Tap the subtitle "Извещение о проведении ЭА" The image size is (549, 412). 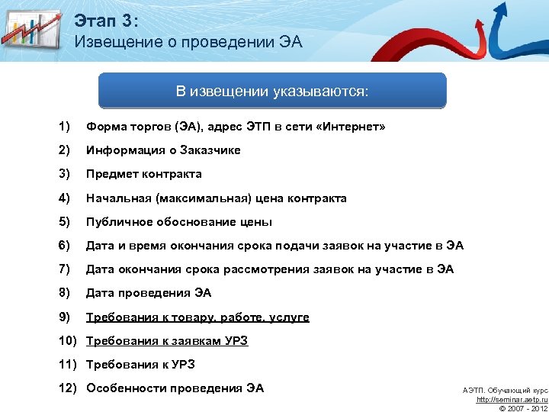click(x=188, y=42)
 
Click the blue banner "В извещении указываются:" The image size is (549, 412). click(x=272, y=92)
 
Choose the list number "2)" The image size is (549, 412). click(x=64, y=150)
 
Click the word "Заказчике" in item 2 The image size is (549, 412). click(x=210, y=150)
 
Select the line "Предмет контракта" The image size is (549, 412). click(x=143, y=174)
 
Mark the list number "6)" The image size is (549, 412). click(x=64, y=246)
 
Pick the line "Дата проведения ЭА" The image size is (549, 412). click(x=149, y=293)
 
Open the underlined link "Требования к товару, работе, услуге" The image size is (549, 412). click(x=197, y=317)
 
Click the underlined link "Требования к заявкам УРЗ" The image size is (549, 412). click(x=167, y=341)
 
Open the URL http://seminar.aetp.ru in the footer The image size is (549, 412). click(x=512, y=399)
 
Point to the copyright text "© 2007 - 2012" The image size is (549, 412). click(x=522, y=408)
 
